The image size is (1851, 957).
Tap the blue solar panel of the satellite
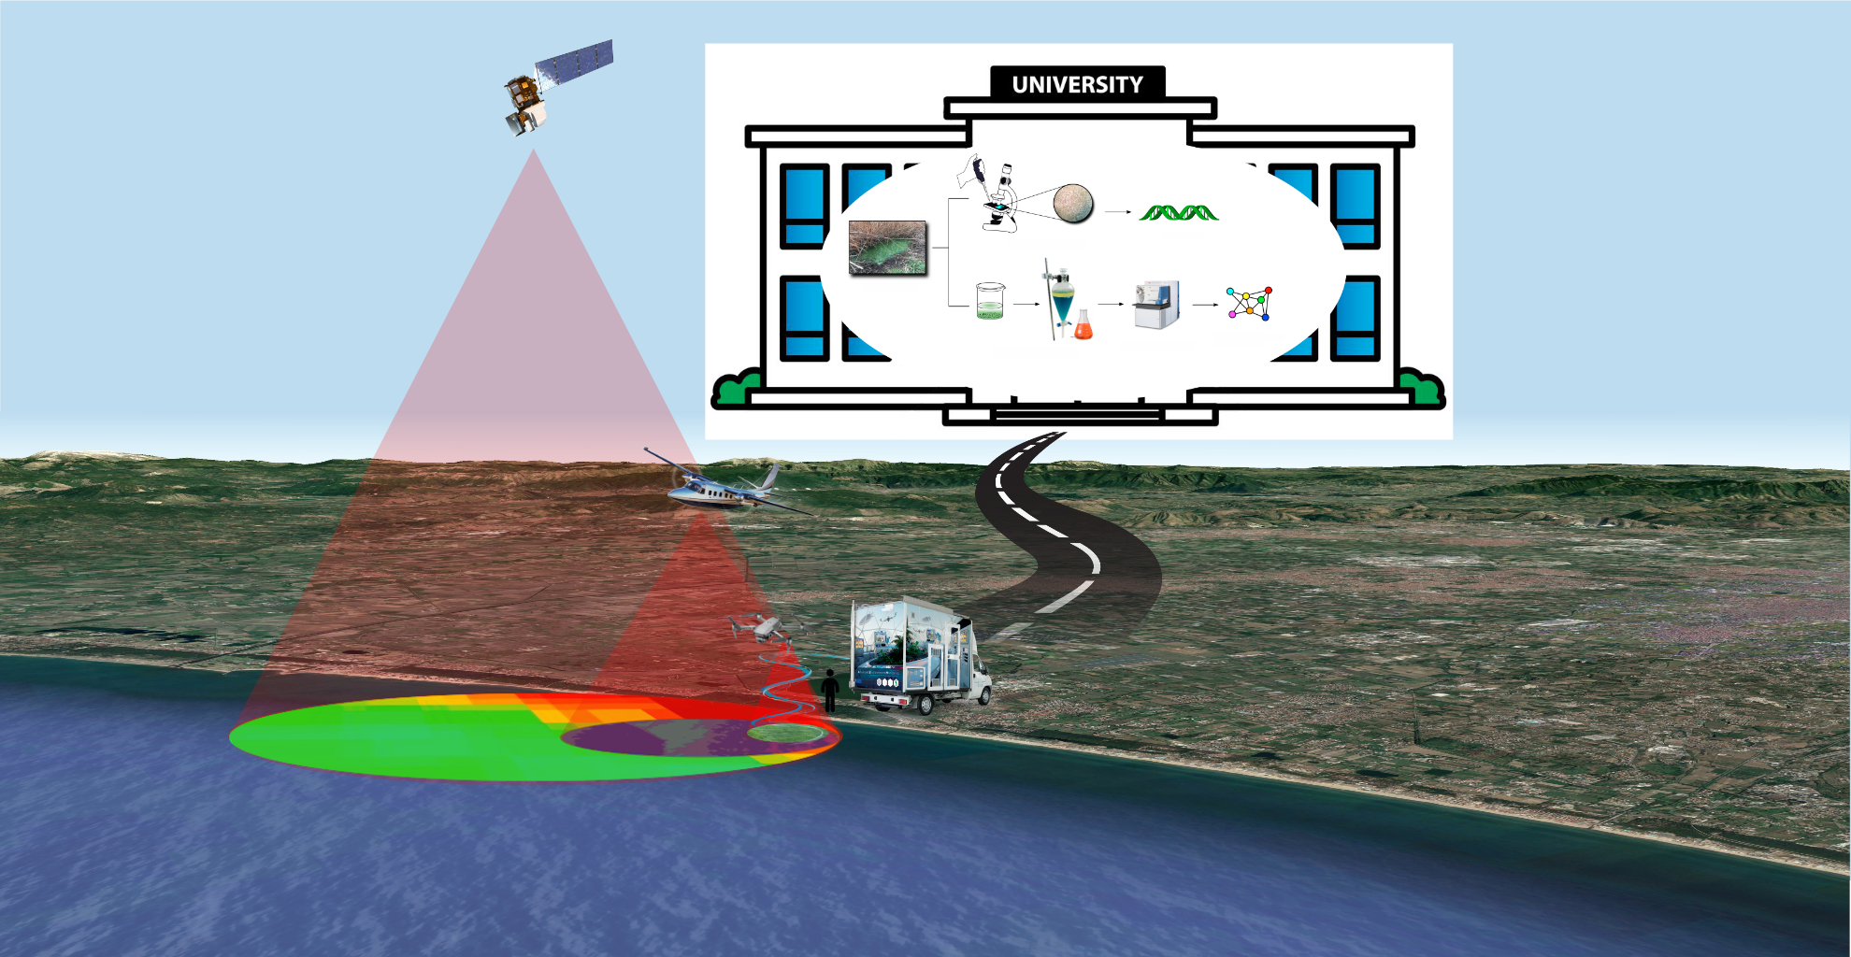click(x=575, y=63)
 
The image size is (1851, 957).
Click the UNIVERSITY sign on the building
click(x=1077, y=84)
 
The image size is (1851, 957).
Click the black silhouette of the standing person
click(x=830, y=691)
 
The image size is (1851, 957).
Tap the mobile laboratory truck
click(x=916, y=654)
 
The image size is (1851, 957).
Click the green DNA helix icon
click(x=1179, y=213)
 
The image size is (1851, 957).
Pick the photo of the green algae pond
click(x=887, y=248)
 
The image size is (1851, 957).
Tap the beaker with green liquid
click(x=990, y=302)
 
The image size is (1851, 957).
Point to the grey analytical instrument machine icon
click(x=1156, y=305)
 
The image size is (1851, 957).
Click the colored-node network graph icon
click(x=1250, y=304)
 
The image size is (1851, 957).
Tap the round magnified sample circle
click(x=1073, y=203)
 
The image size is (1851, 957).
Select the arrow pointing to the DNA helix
click(x=1118, y=212)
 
